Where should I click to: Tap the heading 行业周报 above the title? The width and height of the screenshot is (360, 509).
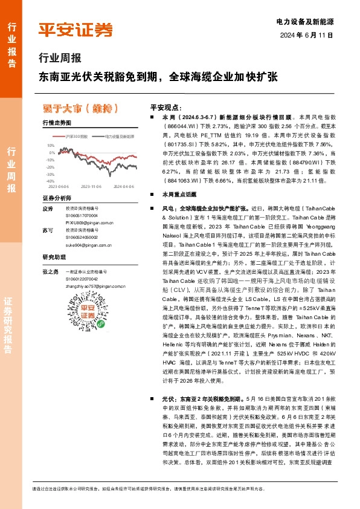click(x=59, y=59)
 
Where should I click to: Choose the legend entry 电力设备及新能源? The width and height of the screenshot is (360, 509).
click(x=118, y=137)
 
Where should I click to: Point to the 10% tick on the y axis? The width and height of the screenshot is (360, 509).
click(x=50, y=146)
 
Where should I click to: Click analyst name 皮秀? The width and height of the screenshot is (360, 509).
click(x=48, y=209)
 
